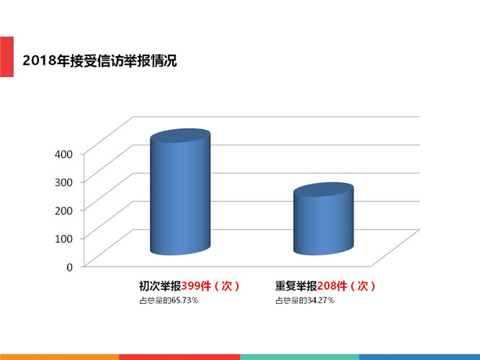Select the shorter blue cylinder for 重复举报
point(324,223)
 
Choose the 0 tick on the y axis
point(69,266)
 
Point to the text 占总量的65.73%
point(169,300)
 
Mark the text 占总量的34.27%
point(304,300)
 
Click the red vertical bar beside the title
point(6,56)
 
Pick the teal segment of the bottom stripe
point(299,356)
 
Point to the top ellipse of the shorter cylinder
point(324,191)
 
